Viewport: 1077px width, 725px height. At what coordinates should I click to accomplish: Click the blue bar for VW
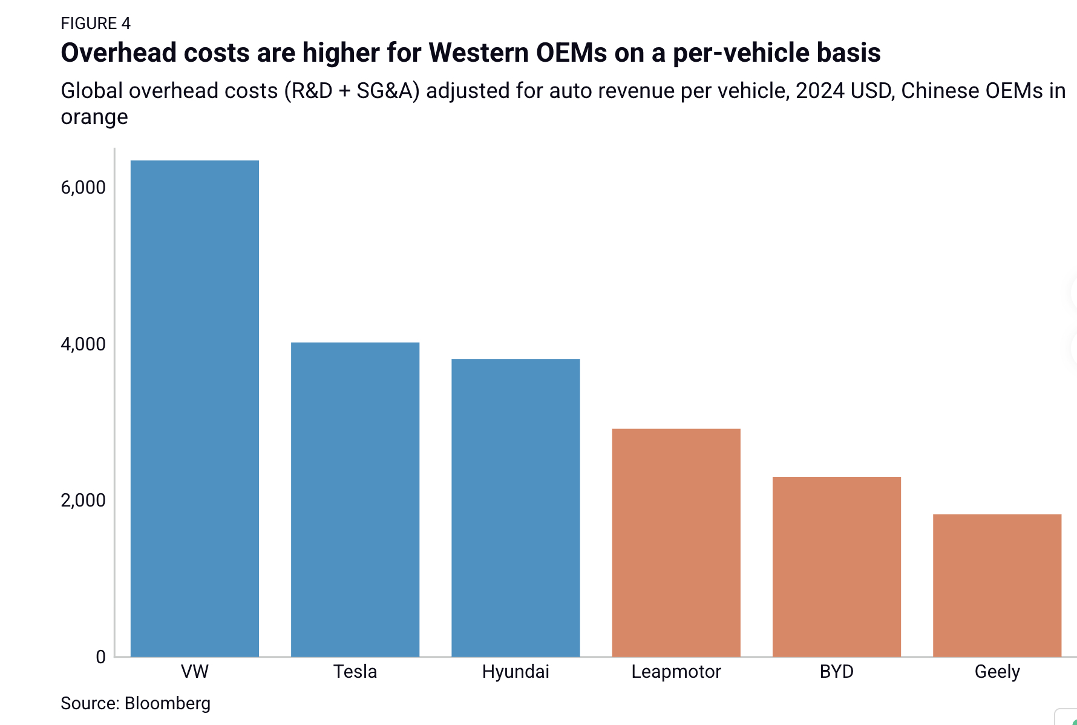pos(195,408)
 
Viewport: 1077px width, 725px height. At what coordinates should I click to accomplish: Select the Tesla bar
pos(355,499)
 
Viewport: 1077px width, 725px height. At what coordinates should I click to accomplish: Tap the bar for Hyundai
pos(516,508)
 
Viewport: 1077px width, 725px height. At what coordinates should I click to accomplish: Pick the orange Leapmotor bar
pos(676,543)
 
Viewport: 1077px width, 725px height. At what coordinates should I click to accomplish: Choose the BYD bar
pos(837,566)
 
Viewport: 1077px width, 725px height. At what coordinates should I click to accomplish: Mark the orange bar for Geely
pos(997,585)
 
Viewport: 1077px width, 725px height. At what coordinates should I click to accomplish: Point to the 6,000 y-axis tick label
pos(83,188)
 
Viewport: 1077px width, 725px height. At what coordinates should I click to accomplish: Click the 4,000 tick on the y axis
pos(83,344)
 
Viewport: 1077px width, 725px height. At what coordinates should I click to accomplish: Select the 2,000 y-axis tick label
pos(83,500)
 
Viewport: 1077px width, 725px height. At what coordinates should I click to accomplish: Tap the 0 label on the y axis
pos(100,657)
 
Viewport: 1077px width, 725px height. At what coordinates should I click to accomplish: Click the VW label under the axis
pos(195,672)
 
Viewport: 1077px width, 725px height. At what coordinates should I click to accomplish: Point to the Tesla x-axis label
pos(355,672)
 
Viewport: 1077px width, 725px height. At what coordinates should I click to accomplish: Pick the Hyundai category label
pos(516,672)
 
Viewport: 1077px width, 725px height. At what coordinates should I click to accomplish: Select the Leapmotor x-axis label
pos(676,672)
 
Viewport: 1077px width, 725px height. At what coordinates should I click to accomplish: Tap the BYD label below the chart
pos(837,672)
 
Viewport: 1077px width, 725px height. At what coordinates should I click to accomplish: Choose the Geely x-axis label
pos(997,672)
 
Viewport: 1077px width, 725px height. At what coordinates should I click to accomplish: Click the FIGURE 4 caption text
pos(96,24)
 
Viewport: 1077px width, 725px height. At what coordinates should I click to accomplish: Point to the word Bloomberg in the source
pos(168,703)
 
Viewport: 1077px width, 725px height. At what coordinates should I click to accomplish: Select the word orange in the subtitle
pos(94,117)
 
